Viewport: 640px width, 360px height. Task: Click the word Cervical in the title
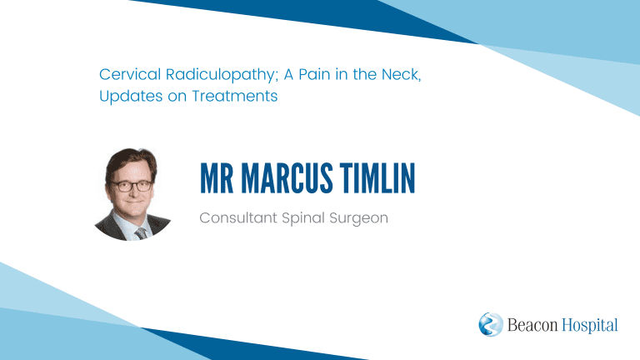tap(130, 74)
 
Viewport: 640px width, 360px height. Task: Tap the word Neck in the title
tap(400, 75)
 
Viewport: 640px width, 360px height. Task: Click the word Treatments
tap(235, 96)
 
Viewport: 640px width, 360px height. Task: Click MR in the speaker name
tap(217, 178)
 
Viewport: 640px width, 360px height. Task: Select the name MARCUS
tap(287, 178)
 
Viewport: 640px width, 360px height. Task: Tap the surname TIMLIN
tap(378, 178)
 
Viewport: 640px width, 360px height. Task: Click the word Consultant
tap(238, 217)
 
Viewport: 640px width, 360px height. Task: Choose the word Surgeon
tap(359, 219)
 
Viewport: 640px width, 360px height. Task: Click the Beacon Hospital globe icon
tap(491, 324)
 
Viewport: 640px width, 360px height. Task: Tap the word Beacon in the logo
tap(532, 325)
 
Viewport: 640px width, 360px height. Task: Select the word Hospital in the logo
tap(590, 325)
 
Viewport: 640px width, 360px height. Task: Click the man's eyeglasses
tap(132, 186)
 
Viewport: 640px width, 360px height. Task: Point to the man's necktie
tap(141, 234)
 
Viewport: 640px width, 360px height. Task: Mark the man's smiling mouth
tap(134, 201)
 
